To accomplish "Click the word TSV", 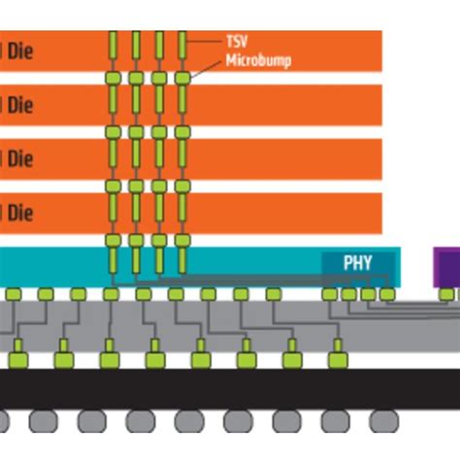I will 239,42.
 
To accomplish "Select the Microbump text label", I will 259,60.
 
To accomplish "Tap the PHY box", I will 359,263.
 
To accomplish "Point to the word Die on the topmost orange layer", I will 20,51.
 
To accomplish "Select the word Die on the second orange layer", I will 20,104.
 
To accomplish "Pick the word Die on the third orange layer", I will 20,157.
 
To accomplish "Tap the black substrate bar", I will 230,388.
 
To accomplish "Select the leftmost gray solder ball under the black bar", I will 4,421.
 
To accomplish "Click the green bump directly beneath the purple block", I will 446,293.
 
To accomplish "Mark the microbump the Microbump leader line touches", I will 181,78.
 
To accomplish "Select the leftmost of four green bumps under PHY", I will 330,293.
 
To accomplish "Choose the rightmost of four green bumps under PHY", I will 387,293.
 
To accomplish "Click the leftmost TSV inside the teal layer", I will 113,259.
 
